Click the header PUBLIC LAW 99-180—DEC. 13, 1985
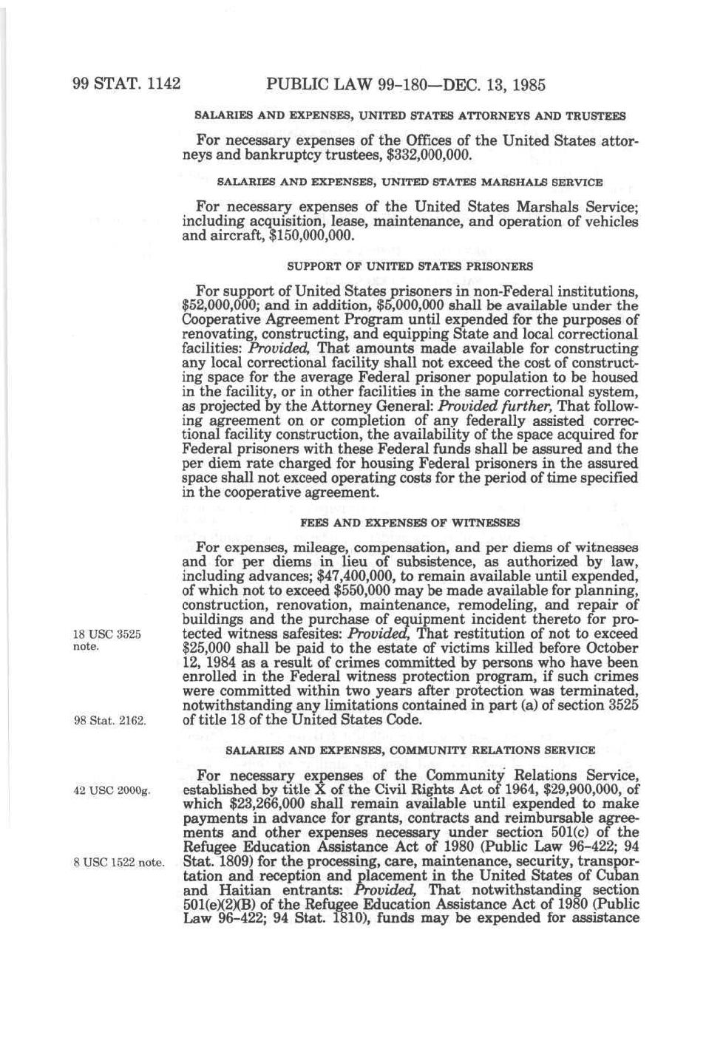(x=405, y=84)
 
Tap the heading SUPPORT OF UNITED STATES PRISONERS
(x=410, y=266)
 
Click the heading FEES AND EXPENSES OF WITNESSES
(x=410, y=523)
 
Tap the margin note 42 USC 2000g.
(x=112, y=790)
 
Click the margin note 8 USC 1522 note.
(x=118, y=862)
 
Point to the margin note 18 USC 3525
(x=106, y=634)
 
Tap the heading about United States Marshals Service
(x=410, y=182)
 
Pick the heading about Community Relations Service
(x=410, y=750)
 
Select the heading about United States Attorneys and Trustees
(x=410, y=116)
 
